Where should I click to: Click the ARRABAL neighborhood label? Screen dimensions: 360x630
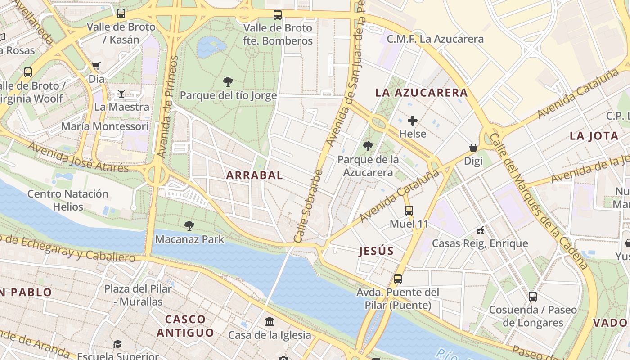[x=255, y=175]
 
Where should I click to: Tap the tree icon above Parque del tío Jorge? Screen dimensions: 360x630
[x=228, y=82]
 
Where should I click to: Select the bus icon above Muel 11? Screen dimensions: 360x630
[x=409, y=210]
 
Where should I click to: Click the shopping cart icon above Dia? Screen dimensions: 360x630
[x=96, y=66]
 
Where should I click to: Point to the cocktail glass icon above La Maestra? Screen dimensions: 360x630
[x=121, y=94]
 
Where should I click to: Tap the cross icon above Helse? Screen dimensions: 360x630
[x=413, y=121]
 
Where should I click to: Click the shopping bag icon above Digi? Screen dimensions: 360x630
[x=473, y=148]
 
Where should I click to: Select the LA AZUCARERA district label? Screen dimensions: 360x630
[x=422, y=93]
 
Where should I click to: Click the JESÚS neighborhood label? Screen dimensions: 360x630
[x=376, y=252]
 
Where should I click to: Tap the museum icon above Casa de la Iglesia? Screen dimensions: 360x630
[x=270, y=321]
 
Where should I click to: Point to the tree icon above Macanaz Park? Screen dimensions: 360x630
[x=189, y=226]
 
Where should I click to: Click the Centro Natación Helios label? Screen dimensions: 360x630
[x=68, y=200]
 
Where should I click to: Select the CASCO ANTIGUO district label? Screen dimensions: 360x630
[x=185, y=326]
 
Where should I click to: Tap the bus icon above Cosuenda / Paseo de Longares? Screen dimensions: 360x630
[x=533, y=297]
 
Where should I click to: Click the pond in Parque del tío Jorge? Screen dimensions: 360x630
[x=211, y=47]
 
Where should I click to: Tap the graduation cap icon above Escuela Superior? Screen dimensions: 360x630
[x=117, y=344]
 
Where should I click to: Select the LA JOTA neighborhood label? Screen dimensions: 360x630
[x=594, y=136]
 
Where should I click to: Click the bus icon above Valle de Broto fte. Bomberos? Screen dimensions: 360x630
[x=278, y=15]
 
